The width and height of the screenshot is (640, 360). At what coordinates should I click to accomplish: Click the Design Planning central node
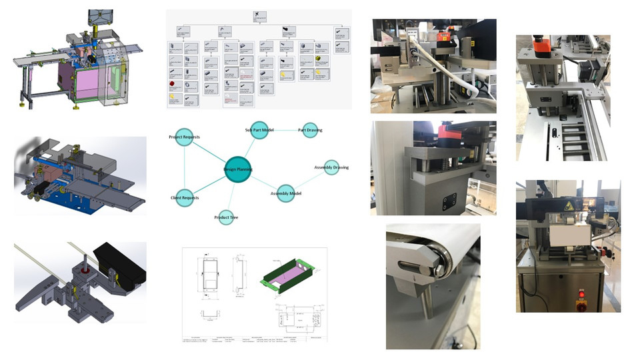pos(238,170)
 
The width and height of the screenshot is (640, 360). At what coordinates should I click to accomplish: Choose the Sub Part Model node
pos(261,129)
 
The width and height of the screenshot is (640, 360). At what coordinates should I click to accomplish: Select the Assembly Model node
pos(285,193)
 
